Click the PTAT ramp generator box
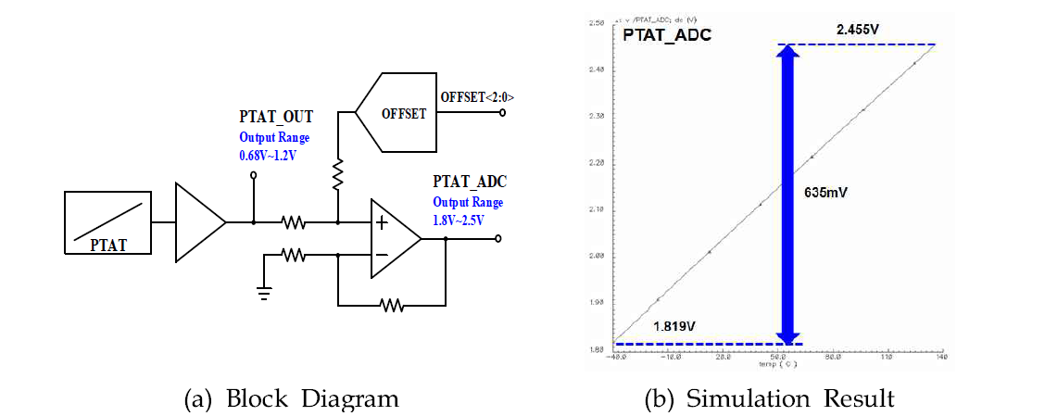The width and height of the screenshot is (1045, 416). [x=109, y=222]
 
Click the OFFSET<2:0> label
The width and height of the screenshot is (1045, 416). [x=476, y=97]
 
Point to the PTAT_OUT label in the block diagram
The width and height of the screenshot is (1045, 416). [x=276, y=118]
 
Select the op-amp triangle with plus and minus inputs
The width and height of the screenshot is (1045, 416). [x=393, y=238]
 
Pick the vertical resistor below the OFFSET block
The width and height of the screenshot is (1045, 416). [x=338, y=173]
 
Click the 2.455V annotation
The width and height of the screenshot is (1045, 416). [x=857, y=31]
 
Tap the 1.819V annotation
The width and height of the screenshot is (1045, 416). [x=675, y=326]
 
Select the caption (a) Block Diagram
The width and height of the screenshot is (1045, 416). [x=292, y=398]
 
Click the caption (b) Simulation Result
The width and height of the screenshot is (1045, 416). [x=769, y=398]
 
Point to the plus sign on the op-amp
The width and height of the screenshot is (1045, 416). [x=382, y=222]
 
